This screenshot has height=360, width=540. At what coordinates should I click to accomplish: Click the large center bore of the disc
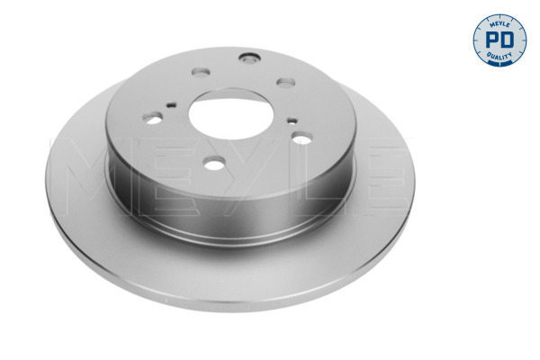[231, 113]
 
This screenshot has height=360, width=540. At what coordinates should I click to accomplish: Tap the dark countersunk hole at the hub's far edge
[249, 58]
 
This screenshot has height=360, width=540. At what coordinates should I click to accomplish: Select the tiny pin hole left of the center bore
[171, 104]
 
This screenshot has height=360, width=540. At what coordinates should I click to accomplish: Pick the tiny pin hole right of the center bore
[292, 121]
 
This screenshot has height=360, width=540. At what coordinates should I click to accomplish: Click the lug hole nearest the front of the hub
[214, 163]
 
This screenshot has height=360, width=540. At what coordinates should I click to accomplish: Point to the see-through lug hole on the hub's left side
[153, 118]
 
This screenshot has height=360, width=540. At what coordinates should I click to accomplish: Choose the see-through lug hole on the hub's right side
[302, 138]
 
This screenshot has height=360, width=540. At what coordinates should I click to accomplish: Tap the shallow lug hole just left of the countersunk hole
[201, 72]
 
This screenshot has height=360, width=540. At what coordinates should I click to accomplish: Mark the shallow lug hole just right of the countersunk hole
[286, 83]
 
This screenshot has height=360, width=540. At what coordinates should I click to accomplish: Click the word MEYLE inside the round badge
[499, 24]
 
